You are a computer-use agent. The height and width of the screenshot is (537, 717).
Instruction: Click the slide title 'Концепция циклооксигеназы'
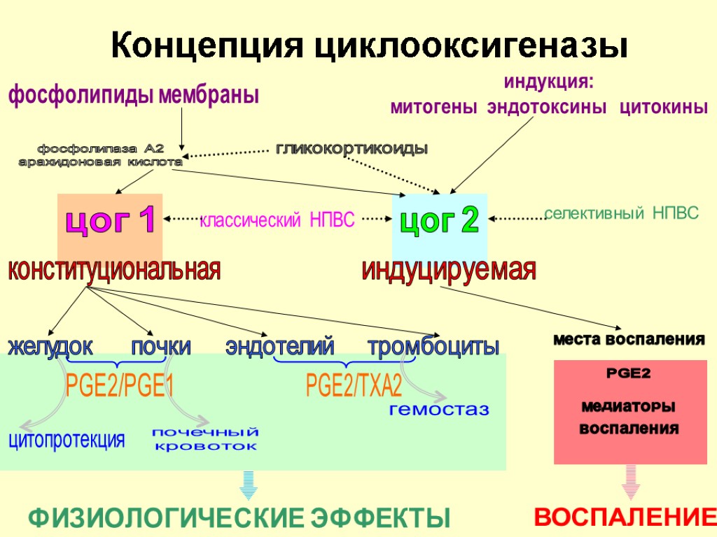click(369, 47)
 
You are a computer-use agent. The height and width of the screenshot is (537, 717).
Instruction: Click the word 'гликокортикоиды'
click(351, 148)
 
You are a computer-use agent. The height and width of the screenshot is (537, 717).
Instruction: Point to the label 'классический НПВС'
click(278, 221)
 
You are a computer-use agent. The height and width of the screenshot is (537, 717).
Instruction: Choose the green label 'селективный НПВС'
click(622, 213)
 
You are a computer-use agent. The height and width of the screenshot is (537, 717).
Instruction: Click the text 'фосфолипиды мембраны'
click(133, 96)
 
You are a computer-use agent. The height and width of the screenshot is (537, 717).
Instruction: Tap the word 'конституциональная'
click(113, 270)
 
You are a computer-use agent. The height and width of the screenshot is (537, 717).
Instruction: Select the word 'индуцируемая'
click(449, 270)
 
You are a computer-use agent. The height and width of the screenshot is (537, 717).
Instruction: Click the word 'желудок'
click(50, 346)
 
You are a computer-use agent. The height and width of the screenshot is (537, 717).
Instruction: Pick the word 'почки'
click(161, 346)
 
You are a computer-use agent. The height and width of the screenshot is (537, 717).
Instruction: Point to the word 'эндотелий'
click(280, 346)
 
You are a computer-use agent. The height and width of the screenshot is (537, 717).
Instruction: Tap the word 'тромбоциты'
click(433, 346)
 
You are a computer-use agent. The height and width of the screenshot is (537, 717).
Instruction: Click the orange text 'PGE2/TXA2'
click(354, 385)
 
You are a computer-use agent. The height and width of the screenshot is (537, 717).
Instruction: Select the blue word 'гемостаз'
click(439, 409)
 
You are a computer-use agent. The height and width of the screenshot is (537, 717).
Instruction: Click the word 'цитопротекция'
click(67, 440)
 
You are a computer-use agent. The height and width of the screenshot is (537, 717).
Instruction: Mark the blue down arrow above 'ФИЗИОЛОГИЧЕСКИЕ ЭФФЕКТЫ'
click(249, 485)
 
